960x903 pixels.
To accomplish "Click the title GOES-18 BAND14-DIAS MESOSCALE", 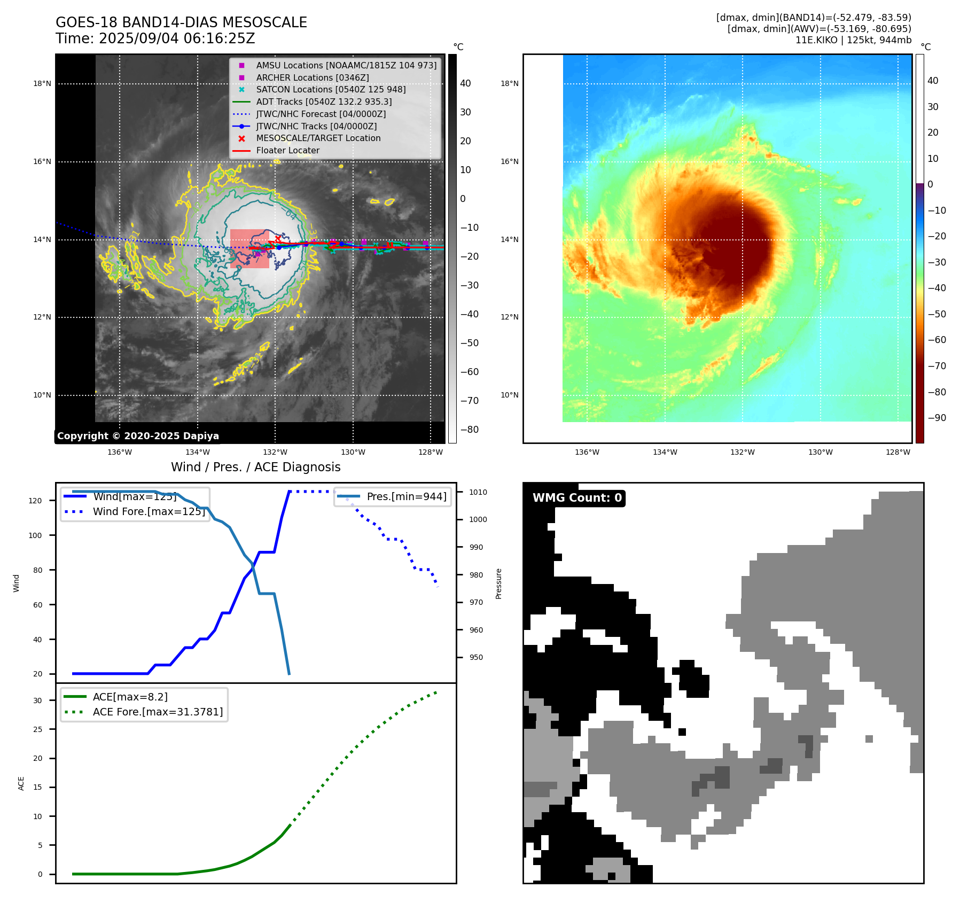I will point(181,22).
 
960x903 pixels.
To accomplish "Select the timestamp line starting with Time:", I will point(155,39).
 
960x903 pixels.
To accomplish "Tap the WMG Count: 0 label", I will point(577,498).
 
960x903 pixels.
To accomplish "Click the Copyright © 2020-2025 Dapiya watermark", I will point(138,436).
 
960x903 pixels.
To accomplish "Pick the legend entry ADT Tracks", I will point(324,102).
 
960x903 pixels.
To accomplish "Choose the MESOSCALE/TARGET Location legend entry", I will point(318,138).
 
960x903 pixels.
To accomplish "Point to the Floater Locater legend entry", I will point(287,151).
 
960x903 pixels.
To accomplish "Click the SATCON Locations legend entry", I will point(331,89).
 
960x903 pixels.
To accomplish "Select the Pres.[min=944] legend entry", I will point(406,496).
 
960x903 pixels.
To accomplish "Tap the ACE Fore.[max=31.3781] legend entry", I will point(158,712).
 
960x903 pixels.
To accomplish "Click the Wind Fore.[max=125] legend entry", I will point(149,511).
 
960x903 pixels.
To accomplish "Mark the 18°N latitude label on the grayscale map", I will point(42,84).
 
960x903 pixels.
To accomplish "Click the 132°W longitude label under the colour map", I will point(743,452).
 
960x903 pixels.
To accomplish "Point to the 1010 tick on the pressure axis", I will point(478,492).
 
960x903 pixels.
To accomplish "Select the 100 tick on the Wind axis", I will point(35,535).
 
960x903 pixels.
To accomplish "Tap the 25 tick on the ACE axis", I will point(37,729).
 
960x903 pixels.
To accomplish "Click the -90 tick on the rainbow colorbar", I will point(936,418).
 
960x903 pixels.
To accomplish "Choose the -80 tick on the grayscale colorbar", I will point(470,430).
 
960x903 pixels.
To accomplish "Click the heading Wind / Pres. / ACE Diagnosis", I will point(255,467).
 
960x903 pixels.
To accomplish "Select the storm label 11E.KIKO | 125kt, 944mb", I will point(853,40).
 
